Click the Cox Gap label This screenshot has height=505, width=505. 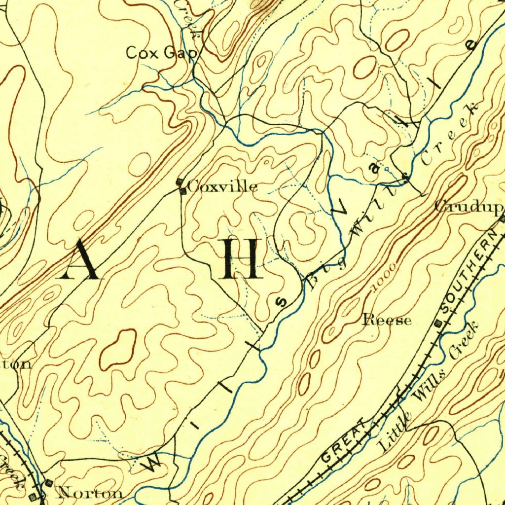coord(162,52)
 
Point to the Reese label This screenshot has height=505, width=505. coord(387,320)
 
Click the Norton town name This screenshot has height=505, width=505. coord(90,492)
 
